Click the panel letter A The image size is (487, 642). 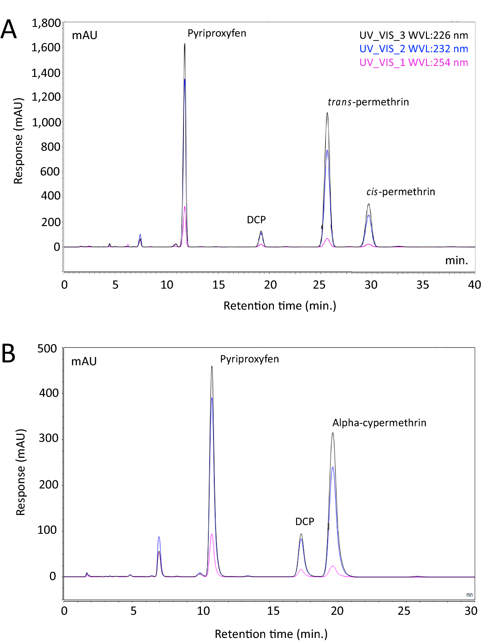pyautogui.click(x=8, y=29)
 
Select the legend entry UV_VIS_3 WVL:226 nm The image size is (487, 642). pyautogui.click(x=413, y=35)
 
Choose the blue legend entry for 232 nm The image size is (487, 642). pyautogui.click(x=413, y=49)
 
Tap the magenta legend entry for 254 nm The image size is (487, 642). pyautogui.click(x=413, y=63)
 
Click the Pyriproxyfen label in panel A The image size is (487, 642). pyautogui.click(x=217, y=33)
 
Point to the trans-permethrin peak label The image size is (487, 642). pyautogui.click(x=368, y=102)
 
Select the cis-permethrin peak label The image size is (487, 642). pyautogui.click(x=401, y=191)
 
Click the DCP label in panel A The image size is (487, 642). pyautogui.click(x=256, y=220)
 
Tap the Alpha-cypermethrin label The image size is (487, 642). pyautogui.click(x=379, y=423)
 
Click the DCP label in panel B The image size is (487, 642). pyautogui.click(x=305, y=521)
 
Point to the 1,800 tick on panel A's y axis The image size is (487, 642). pyautogui.click(x=46, y=23)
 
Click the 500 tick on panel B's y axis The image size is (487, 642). pyautogui.click(x=47, y=348)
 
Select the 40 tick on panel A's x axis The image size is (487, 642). pyautogui.click(x=474, y=285)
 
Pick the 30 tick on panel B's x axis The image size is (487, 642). pyautogui.click(x=471, y=611)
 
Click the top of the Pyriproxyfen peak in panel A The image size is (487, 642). pyautogui.click(x=185, y=44)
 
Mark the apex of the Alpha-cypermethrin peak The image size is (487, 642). pyautogui.click(x=333, y=433)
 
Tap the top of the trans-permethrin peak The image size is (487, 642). pyautogui.click(x=327, y=113)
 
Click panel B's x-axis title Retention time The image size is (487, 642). pyautogui.click(x=271, y=634)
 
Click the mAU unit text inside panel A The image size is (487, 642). pyautogui.click(x=85, y=35)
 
